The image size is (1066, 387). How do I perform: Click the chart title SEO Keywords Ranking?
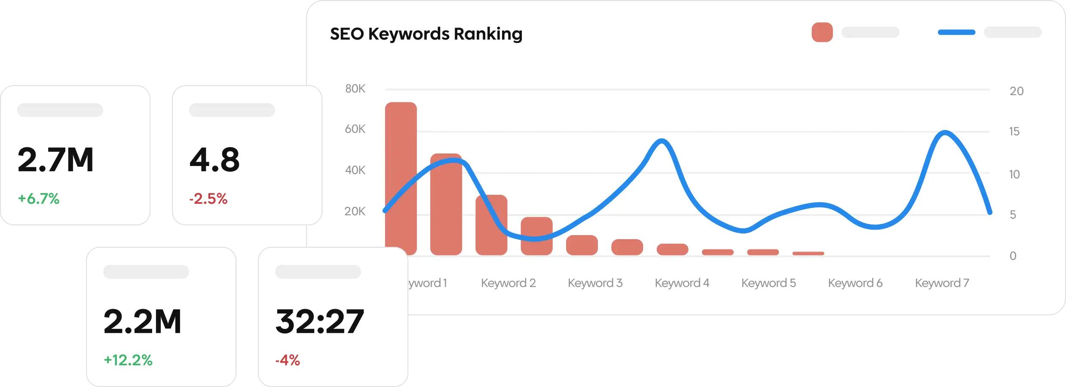pos(426,34)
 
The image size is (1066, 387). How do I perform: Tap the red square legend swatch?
pos(822,32)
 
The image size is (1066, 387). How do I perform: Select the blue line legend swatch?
pos(956,32)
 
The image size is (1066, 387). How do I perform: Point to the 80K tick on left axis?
pos(355,89)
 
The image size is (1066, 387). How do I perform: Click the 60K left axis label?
pos(355,129)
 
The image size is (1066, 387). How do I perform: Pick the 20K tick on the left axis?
pos(355,211)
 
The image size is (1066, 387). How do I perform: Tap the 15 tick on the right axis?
pos(1014,132)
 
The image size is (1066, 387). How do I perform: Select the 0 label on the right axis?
pos(1013,256)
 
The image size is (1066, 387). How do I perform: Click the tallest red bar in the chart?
pos(401,178)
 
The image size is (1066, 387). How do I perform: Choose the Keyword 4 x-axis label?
pos(682,283)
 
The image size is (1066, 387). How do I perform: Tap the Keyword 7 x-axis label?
pos(942,283)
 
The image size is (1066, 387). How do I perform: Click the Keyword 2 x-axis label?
pos(508,283)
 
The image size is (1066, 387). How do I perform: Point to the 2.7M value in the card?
pos(55,160)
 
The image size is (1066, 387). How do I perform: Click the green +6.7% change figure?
pos(39,199)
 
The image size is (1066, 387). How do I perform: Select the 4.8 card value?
pos(214,160)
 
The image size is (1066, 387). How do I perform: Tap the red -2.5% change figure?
pos(208,199)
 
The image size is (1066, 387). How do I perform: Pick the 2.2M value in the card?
pos(142,322)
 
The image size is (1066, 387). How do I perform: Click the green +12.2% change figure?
pos(128,360)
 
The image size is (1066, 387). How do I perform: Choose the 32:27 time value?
pos(320,322)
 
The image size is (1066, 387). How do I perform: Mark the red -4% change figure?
pos(288,360)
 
